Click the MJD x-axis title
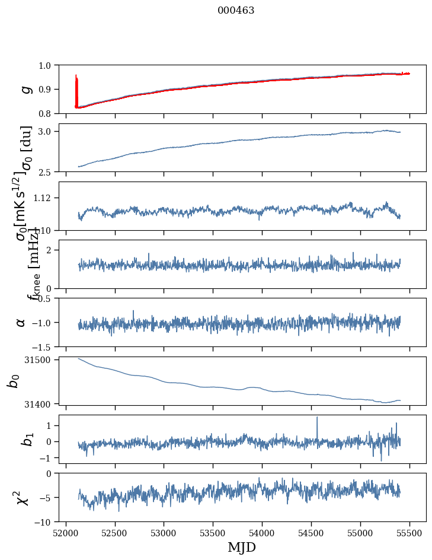(x=242, y=548)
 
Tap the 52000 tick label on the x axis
(x=66, y=533)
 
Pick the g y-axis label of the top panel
(x=25, y=89)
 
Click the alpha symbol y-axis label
(x=21, y=322)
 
